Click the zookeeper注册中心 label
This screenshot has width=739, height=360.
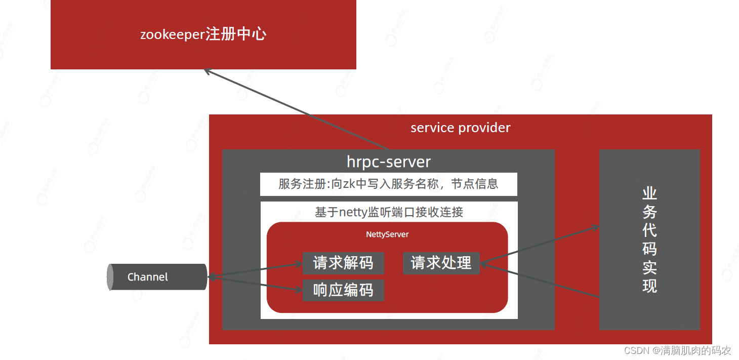203,34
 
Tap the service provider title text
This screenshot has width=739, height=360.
460,128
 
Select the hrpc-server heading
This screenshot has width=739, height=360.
388,162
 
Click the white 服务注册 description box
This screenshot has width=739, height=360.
388,184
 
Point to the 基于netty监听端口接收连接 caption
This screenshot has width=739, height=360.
388,212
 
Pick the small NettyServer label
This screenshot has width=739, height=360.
387,234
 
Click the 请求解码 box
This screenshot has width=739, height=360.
343,263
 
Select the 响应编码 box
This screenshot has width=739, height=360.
343,290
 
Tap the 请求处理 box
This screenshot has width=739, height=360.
441,263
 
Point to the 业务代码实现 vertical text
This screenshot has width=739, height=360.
649,239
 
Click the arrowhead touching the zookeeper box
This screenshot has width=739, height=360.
207,71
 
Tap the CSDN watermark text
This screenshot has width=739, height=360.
677,350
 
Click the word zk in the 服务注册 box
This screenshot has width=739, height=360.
349,184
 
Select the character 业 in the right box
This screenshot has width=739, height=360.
649,194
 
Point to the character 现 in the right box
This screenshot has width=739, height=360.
649,286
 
